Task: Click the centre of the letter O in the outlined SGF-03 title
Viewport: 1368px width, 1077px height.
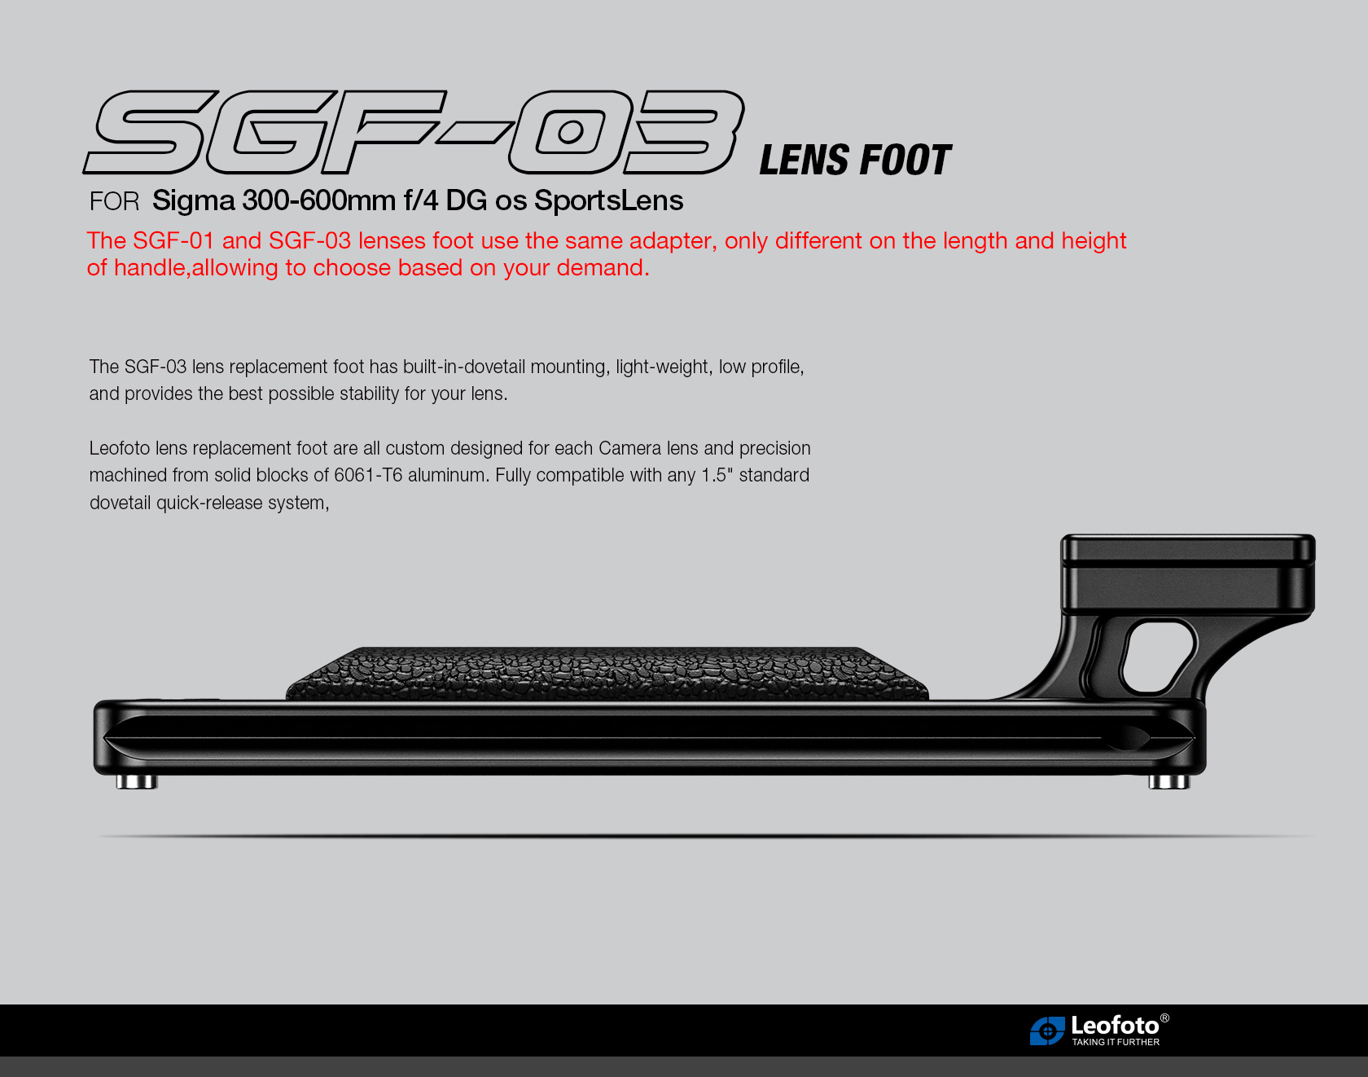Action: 570,131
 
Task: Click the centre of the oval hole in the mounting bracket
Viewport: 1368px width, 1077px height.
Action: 1158,656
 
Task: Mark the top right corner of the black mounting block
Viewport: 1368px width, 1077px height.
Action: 1314,537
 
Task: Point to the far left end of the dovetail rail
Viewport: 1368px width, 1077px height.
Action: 94,737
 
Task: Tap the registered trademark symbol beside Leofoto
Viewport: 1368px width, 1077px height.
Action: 1164,1018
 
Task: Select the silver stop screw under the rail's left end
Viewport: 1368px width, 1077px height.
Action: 136,782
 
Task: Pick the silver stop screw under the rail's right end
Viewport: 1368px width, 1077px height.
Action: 1168,782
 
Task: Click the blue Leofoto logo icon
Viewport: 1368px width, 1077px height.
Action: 1047,1031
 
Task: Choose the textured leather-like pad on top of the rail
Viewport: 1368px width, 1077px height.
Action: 607,674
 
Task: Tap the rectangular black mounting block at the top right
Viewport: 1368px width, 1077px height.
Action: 1188,574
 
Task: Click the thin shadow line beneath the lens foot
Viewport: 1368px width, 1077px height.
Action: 704,836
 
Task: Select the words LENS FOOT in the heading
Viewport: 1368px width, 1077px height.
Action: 855,160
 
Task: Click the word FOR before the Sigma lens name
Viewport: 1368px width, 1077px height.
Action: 115,201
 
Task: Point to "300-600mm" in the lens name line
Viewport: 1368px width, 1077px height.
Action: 318,200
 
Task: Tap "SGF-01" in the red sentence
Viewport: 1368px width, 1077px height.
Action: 173,241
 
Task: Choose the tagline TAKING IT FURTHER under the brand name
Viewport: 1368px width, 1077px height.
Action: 1116,1042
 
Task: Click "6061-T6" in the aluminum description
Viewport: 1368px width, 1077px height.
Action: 368,475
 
